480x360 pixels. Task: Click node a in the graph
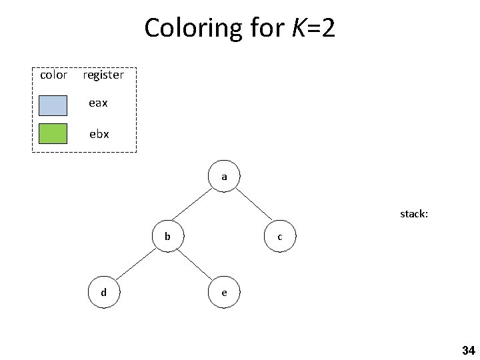tap(225, 177)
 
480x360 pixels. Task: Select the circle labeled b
tap(168, 236)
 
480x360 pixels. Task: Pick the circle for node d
tap(103, 292)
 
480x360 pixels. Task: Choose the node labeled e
tap(224, 293)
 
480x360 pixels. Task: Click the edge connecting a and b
tap(196, 206)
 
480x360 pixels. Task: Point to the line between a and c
tap(253, 207)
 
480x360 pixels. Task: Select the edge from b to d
tap(136, 264)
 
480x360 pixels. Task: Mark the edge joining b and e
tap(196, 265)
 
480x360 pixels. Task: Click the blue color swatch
tap(53, 105)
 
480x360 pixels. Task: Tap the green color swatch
tap(53, 134)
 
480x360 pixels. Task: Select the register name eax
tap(99, 103)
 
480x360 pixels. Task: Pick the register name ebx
tap(99, 133)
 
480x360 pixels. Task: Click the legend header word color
tap(53, 75)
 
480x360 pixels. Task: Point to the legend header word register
tap(103, 75)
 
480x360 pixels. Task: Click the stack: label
tap(414, 215)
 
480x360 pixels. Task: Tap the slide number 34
tap(468, 350)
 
